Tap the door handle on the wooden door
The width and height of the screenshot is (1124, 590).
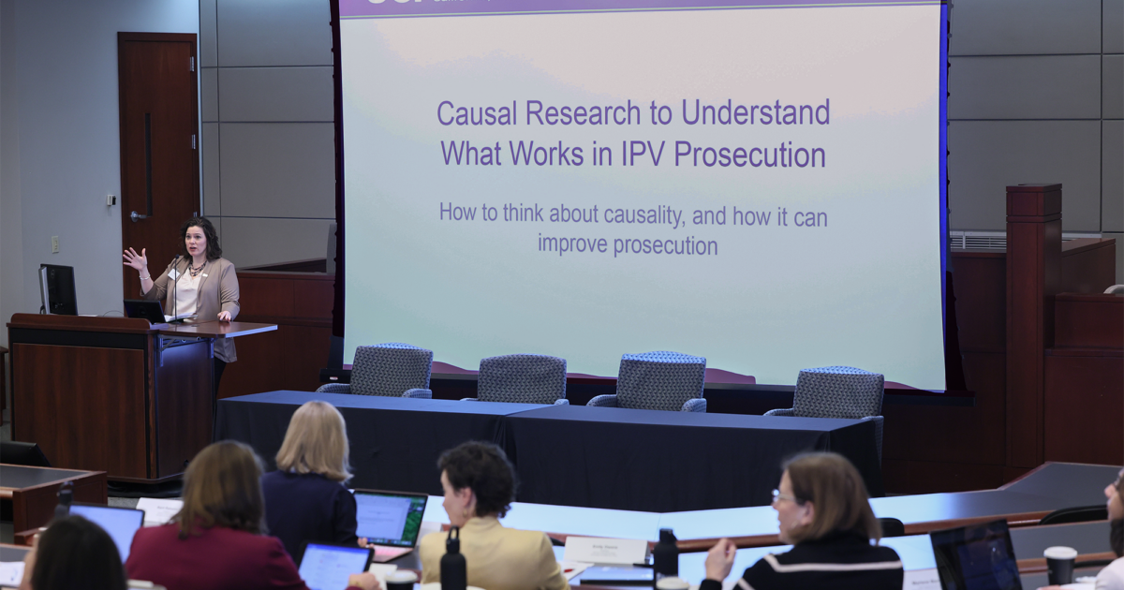coord(139,216)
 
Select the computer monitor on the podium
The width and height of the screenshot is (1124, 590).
coord(58,289)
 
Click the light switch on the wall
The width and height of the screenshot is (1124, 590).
coord(111,199)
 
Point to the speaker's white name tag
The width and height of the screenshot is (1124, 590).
coord(175,275)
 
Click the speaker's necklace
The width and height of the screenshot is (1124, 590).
coord(196,269)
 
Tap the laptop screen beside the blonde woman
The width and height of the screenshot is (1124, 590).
coord(390,518)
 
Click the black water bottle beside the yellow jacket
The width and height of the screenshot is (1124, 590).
coord(453,562)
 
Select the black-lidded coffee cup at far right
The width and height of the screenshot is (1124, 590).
coord(1059,564)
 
